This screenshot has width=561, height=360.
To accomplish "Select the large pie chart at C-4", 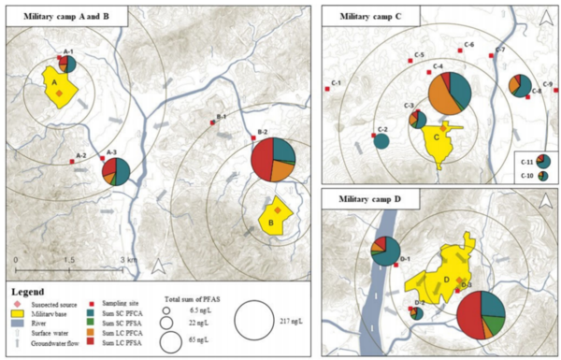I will pyautogui.click(x=451, y=93).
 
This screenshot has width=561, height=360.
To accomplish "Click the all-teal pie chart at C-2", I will pyautogui.click(x=381, y=141).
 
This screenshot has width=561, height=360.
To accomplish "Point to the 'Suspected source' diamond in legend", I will pyautogui.click(x=16, y=305).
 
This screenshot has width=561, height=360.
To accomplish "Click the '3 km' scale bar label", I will pyautogui.click(x=124, y=259).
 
